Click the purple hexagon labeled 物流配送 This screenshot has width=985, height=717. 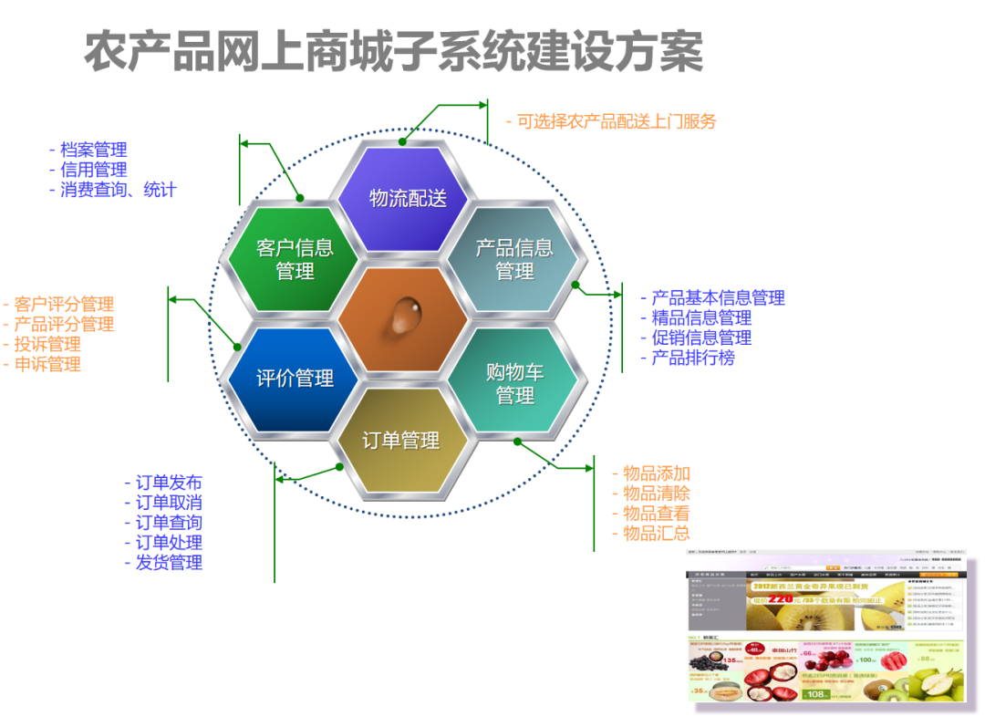403,199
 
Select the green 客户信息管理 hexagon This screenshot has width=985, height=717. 294,259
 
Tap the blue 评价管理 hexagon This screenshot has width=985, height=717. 294,378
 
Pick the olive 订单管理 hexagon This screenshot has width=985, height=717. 401,441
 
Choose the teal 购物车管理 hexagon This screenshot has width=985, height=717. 514,383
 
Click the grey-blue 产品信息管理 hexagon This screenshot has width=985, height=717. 513,259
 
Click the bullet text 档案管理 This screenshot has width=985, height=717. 93,150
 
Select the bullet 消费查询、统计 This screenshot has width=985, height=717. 118,190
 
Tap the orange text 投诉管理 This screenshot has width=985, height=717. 47,344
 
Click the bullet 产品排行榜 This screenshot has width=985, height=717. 692,358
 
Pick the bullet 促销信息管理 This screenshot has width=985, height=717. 701,338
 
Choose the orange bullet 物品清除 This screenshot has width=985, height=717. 656,494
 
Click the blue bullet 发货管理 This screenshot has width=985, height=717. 169,562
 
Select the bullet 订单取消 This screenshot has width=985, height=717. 169,503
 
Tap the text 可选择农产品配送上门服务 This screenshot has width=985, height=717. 617,121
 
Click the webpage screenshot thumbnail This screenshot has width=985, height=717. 825,625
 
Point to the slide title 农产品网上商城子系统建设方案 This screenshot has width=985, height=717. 394,51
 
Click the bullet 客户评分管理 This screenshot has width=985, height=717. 64,304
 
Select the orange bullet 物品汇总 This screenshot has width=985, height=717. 656,534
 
